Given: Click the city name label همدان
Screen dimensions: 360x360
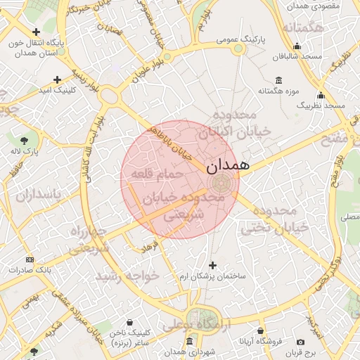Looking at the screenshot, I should [x=228, y=166].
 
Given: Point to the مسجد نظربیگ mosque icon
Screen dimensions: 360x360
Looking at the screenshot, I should [x=321, y=95].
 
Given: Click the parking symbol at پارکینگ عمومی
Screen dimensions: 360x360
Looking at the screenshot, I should [x=240, y=48].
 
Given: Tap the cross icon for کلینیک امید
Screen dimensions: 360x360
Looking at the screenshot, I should [x=57, y=79].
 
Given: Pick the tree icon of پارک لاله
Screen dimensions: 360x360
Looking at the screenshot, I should [x=25, y=140].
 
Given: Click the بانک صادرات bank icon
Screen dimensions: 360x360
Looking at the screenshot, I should [x=29, y=259].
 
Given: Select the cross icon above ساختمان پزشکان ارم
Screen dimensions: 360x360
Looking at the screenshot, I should [x=213, y=265].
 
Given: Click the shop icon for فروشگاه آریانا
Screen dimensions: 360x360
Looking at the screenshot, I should [x=260, y=330].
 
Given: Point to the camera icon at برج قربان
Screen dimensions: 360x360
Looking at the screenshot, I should [x=301, y=341].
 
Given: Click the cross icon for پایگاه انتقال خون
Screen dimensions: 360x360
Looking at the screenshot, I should [x=37, y=32].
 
